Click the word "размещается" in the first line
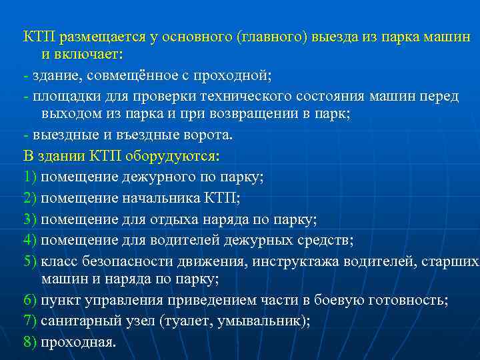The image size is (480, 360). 101,35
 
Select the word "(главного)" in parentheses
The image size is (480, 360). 273,35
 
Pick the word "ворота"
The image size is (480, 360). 207,135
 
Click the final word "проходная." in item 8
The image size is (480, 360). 78,342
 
